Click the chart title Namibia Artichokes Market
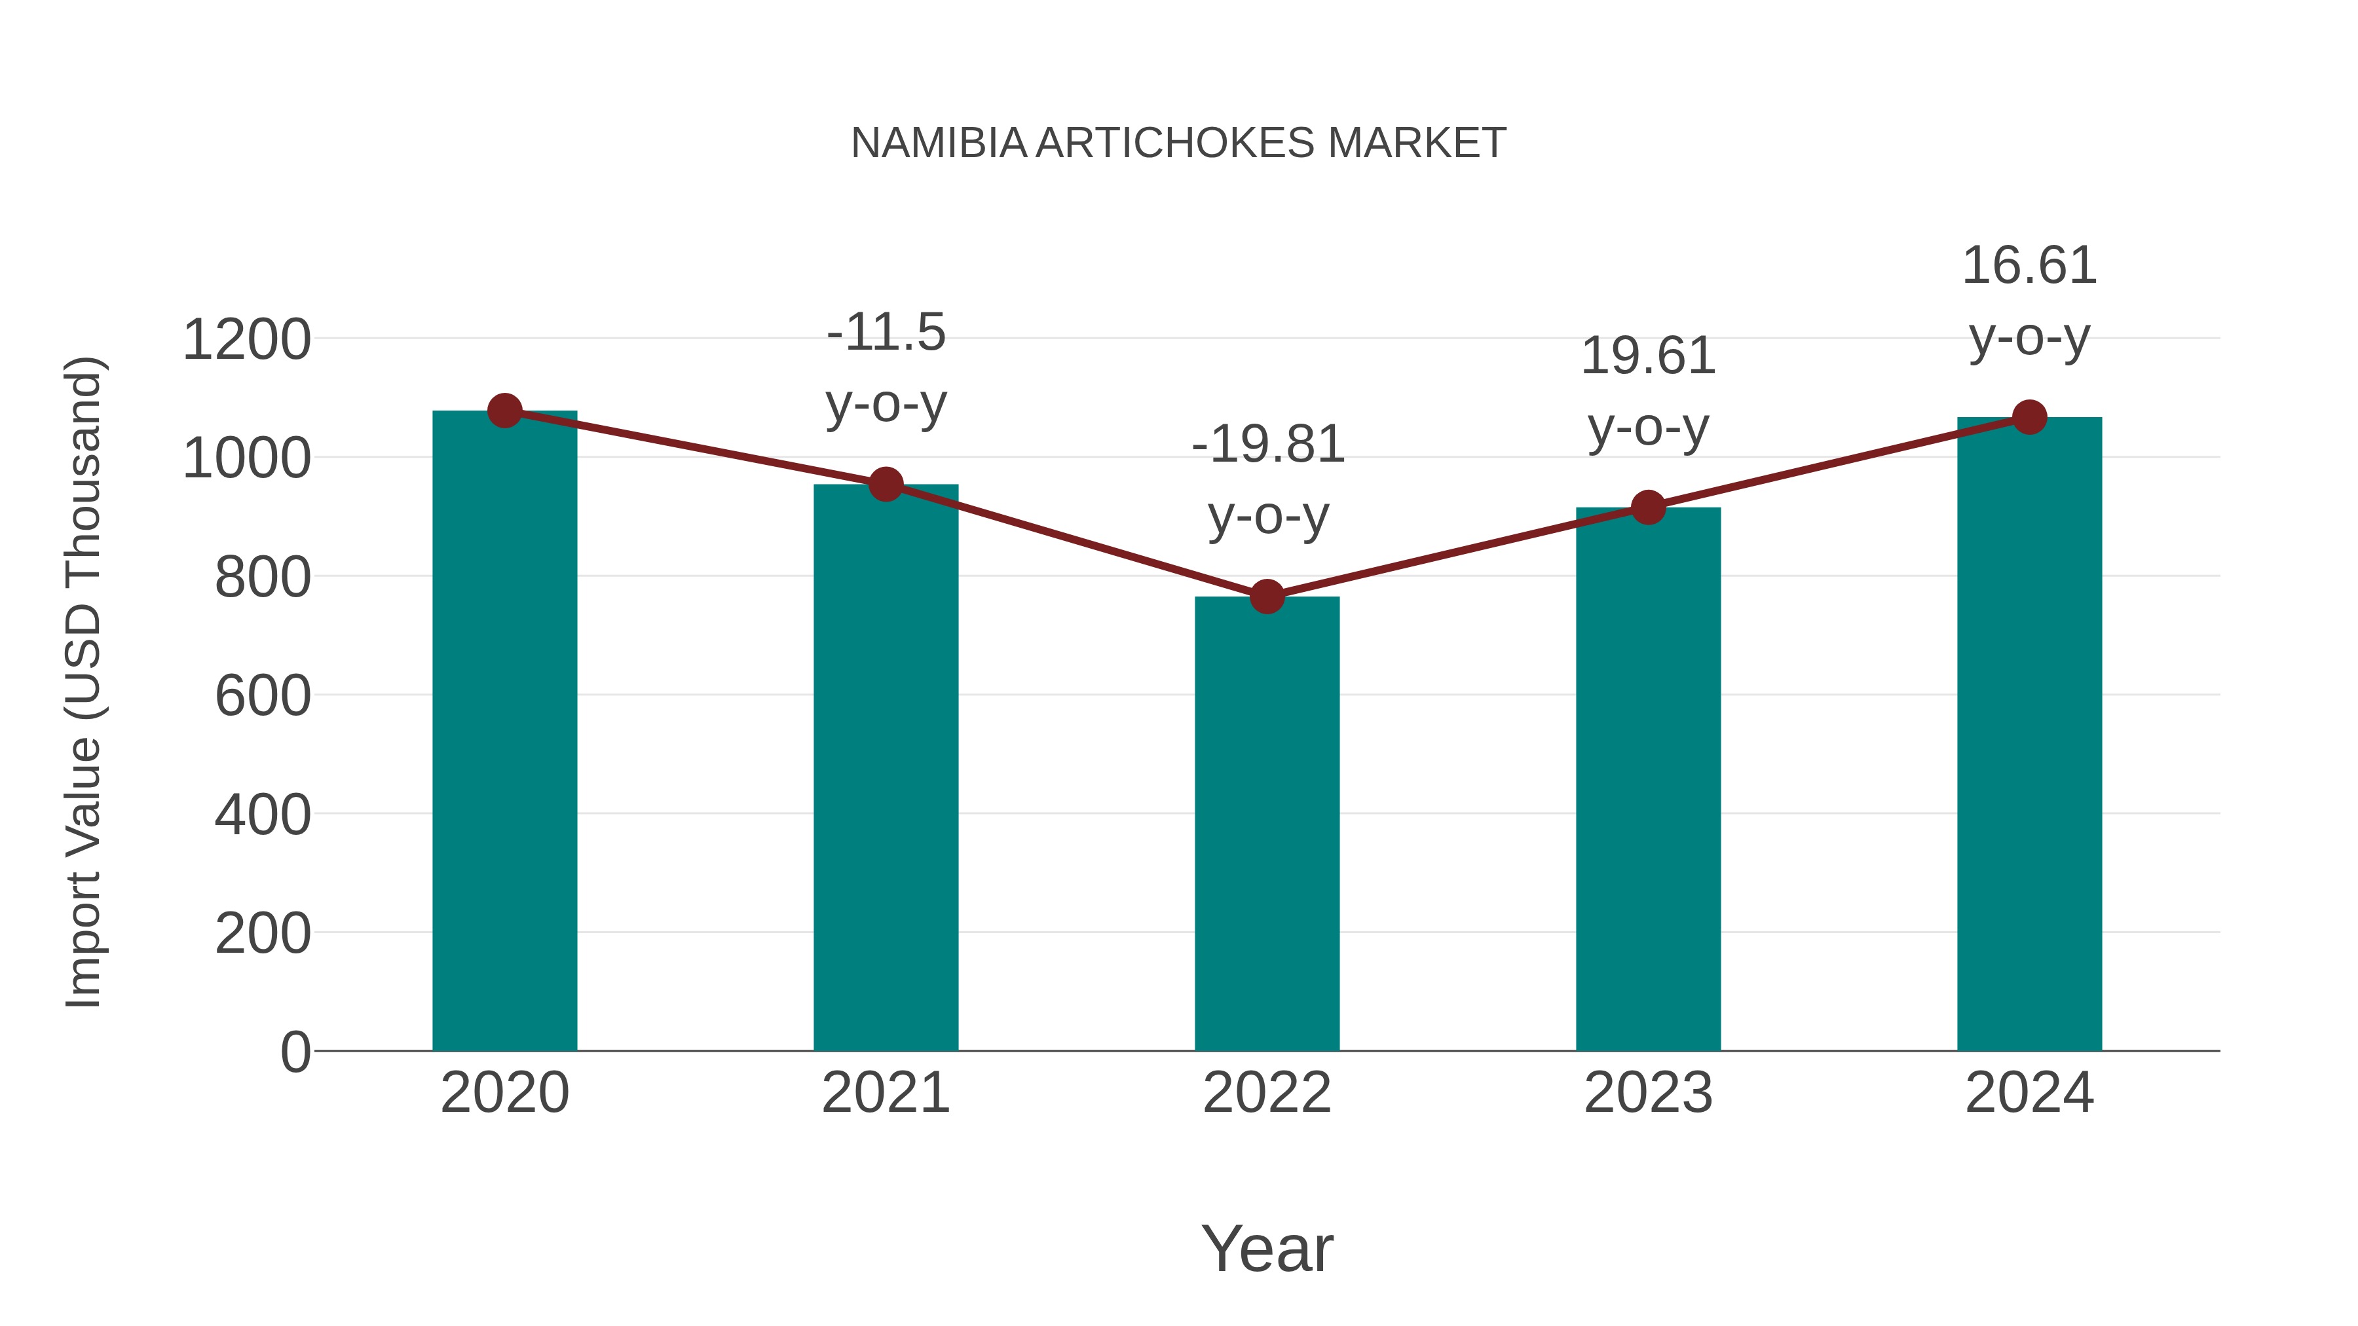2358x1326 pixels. (x=1178, y=143)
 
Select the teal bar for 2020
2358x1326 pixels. (x=504, y=732)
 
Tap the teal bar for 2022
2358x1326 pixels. (x=1267, y=824)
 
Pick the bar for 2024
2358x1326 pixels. (x=2029, y=732)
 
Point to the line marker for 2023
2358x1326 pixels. (x=1648, y=507)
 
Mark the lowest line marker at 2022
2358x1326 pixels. (x=1267, y=597)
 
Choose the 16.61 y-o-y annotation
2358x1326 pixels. (x=2029, y=302)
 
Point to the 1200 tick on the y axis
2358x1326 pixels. (x=247, y=341)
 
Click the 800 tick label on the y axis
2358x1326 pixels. (x=263, y=578)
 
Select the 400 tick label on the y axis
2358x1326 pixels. (x=263, y=815)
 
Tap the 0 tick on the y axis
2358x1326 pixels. (x=295, y=1052)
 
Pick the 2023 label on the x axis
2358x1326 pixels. (x=1648, y=1094)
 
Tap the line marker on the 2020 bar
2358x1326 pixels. (x=504, y=411)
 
